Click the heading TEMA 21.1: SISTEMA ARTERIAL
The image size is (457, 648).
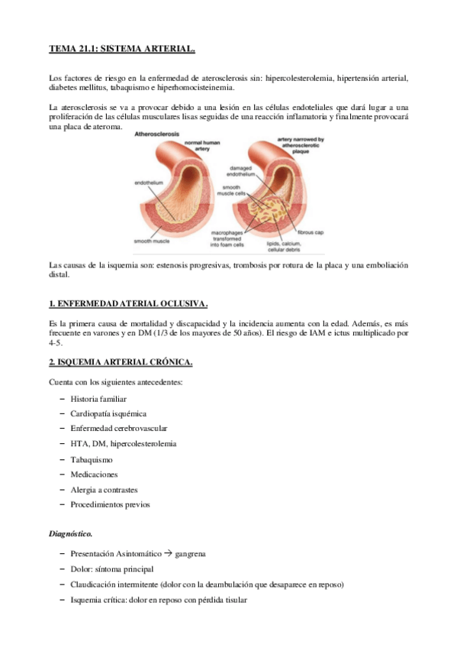tap(122, 49)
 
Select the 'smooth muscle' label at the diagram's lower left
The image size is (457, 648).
tap(152, 241)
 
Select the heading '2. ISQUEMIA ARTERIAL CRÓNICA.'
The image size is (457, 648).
tap(121, 361)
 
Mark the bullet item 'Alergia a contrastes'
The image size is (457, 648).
tap(104, 489)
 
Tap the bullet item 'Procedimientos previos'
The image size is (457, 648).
tap(110, 504)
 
